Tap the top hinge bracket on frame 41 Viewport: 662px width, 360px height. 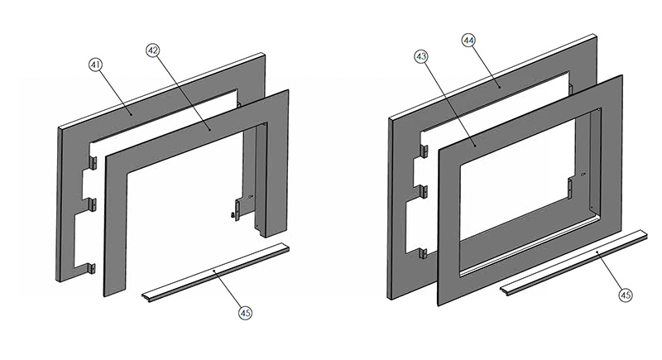click(x=95, y=163)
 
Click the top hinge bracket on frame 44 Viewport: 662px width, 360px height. click(x=424, y=151)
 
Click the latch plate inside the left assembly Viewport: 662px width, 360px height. click(x=241, y=206)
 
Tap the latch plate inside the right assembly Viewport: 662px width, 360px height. click(x=572, y=187)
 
